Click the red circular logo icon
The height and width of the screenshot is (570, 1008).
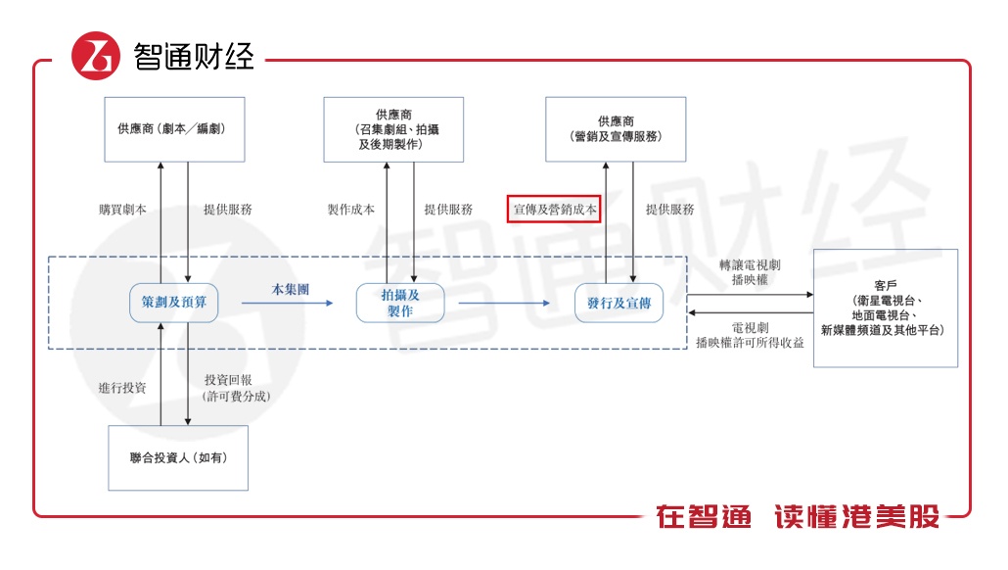95,56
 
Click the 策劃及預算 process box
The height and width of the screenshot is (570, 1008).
173,303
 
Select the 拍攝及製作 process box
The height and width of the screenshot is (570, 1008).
399,303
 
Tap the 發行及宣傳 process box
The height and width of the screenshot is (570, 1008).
619,304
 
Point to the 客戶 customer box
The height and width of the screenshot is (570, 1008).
885,308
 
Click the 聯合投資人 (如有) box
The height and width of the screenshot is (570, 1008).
177,457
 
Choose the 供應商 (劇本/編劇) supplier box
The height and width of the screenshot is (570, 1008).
174,128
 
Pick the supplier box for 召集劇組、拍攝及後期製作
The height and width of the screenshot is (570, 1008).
393,128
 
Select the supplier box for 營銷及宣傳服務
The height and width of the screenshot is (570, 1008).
616,128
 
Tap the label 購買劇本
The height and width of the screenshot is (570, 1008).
122,210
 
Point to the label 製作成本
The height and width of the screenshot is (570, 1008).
350,210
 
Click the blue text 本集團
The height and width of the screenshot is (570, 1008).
291,290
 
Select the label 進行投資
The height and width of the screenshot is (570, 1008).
122,388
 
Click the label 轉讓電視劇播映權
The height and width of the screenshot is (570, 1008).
749,271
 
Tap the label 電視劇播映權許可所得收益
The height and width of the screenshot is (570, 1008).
750,336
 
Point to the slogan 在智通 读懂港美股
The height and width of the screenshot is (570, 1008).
798,516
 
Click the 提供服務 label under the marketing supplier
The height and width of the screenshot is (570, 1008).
670,210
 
